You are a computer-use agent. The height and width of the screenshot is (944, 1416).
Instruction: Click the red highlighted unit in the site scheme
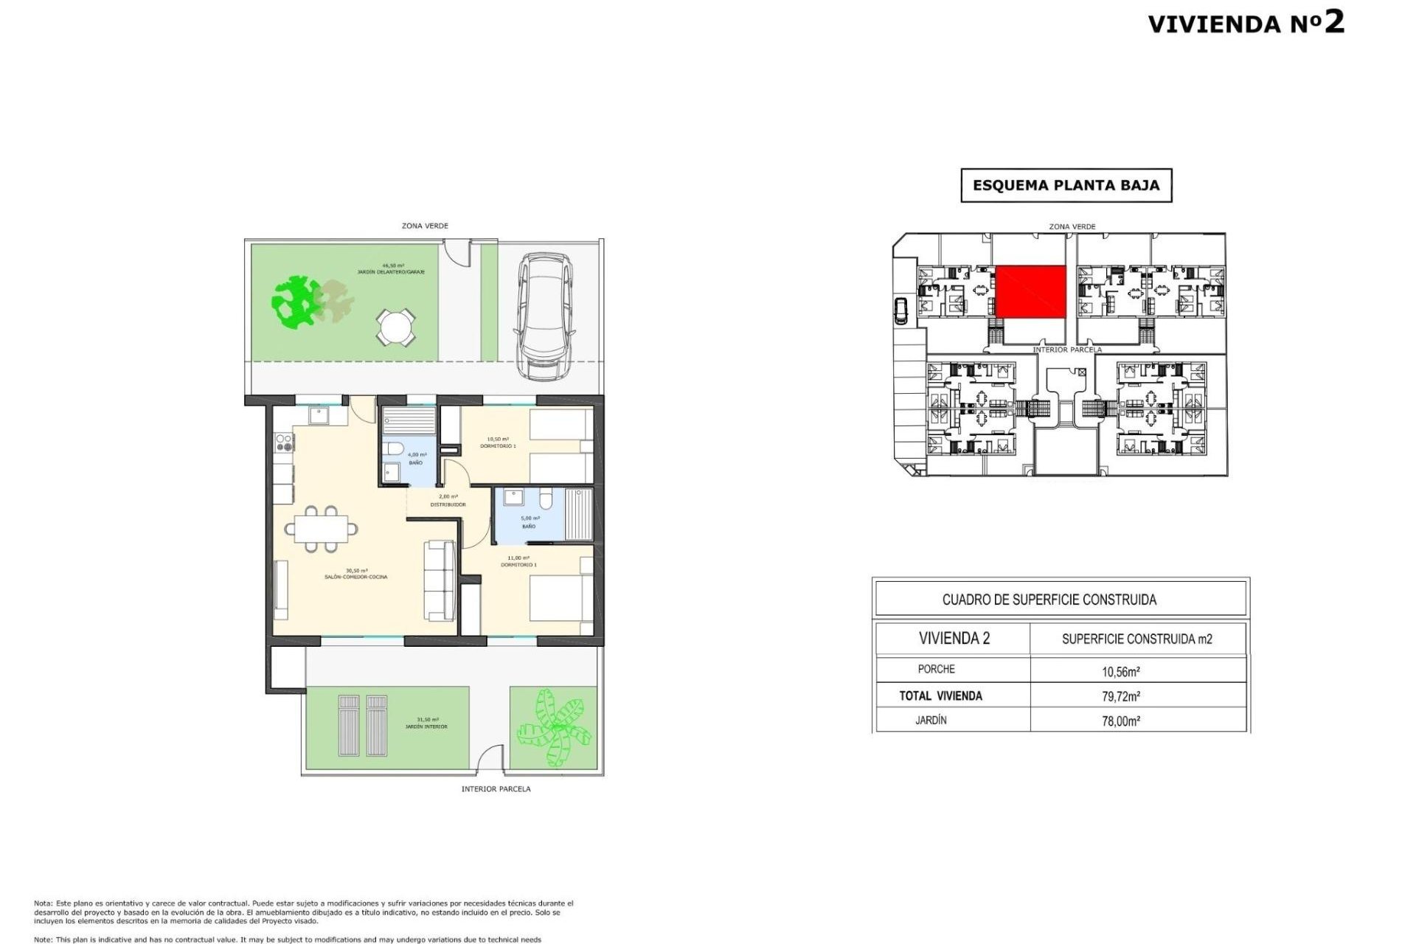click(1031, 292)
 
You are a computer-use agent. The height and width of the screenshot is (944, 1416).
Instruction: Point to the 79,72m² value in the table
click(1121, 695)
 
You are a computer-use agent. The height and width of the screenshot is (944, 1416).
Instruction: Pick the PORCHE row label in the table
click(936, 669)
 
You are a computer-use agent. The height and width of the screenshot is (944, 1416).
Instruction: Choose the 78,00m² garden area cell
click(1121, 721)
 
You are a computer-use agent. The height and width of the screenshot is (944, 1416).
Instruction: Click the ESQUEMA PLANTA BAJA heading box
click(1066, 185)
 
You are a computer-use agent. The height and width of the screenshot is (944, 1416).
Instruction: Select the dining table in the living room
click(322, 529)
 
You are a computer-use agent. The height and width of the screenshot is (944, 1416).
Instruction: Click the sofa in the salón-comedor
click(439, 580)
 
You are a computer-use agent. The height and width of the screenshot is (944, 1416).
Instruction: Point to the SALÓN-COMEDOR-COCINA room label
click(355, 577)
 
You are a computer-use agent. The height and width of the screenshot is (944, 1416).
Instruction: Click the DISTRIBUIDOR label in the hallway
click(448, 504)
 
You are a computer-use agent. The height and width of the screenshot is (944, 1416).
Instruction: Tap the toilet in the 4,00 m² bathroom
click(394, 448)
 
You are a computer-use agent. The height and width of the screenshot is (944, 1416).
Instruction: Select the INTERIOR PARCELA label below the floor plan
click(496, 788)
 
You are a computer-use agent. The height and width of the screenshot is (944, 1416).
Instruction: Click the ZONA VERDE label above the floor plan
click(425, 226)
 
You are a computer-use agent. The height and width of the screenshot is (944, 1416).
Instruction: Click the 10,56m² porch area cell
click(1121, 671)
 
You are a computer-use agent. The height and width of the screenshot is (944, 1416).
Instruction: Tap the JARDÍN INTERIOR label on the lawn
click(426, 726)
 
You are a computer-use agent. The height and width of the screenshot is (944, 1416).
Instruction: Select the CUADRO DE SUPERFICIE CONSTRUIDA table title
click(1049, 600)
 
